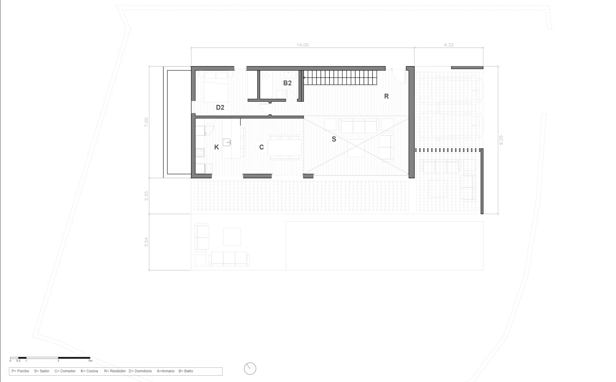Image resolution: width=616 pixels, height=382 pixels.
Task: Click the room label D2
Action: [220, 107]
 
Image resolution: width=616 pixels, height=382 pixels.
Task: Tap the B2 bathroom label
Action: [287, 83]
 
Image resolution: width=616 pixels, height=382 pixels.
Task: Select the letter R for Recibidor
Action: [387, 96]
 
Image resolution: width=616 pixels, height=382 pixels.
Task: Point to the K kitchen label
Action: [216, 147]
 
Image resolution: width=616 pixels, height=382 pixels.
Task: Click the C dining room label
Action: [261, 147]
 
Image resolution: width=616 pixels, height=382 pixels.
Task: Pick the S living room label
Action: [334, 139]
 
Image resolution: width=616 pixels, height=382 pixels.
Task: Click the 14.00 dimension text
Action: [302, 45]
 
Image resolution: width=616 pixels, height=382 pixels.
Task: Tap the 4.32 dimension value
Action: [449, 45]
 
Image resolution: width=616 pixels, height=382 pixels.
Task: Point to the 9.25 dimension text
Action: [500, 140]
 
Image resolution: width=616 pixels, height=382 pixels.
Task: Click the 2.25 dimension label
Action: [146, 196]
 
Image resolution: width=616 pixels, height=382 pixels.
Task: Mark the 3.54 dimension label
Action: [146, 242]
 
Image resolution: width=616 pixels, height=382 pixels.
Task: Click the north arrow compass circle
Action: [250, 369]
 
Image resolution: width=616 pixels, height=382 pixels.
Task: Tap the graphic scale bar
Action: [50, 358]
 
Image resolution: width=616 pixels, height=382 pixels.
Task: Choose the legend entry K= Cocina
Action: [89, 371]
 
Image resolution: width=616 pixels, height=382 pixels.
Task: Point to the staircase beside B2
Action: [340, 79]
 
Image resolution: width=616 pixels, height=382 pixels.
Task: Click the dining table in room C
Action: [285, 147]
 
